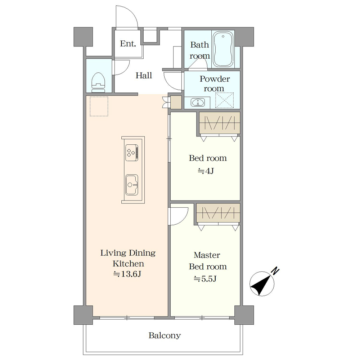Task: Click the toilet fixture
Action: pyautogui.click(x=99, y=83)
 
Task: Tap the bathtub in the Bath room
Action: pyautogui.click(x=223, y=49)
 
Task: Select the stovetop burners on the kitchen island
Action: pyautogui.click(x=132, y=153)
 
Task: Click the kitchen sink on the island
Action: pyautogui.click(x=132, y=185)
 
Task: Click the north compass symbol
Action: pyautogui.click(x=262, y=284)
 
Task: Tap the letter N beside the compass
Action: pyautogui.click(x=275, y=271)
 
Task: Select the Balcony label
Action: pyautogui.click(x=165, y=336)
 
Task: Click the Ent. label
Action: pyautogui.click(x=128, y=44)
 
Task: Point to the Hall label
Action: pyautogui.click(x=144, y=75)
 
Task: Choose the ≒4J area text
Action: pyautogui.click(x=206, y=171)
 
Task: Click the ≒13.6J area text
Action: pyautogui.click(x=127, y=274)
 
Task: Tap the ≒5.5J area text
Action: pyautogui.click(x=205, y=279)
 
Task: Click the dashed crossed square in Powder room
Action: pyautogui.click(x=224, y=100)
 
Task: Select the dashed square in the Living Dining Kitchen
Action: pyautogui.click(x=99, y=106)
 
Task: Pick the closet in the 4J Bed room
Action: pyautogui.click(x=220, y=123)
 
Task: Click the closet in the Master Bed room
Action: pyautogui.click(x=218, y=213)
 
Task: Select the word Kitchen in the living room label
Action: pyautogui.click(x=129, y=264)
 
